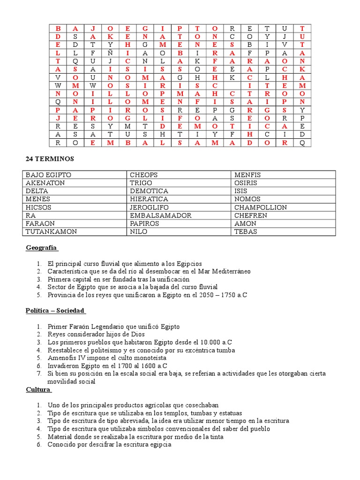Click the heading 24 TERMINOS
[50, 159]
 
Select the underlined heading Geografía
[41, 247]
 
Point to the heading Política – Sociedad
[55, 310]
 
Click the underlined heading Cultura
[38, 390]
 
